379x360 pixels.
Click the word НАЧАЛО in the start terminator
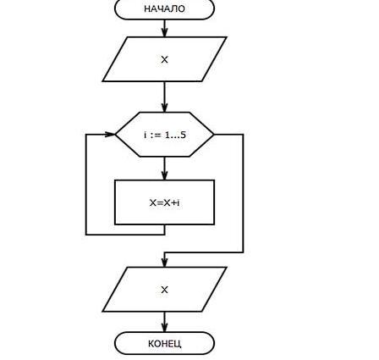[164, 8]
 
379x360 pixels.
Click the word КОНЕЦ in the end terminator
[165, 344]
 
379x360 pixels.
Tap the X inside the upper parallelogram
[164, 59]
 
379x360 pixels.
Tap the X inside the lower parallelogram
[164, 290]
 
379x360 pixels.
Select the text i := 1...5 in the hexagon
[165, 135]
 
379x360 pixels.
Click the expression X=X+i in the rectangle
[165, 202]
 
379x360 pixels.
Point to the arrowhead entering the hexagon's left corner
[110, 135]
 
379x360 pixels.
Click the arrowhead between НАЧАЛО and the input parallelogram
[165, 32]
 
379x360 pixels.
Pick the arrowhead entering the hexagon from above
[165, 108]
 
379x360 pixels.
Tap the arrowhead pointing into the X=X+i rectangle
[165, 175]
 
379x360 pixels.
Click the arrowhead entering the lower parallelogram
[165, 263]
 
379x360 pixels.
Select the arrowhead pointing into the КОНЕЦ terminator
[165, 328]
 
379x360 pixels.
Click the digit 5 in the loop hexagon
[183, 135]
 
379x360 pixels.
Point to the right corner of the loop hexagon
[213, 135]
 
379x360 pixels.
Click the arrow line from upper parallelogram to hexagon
[165, 97]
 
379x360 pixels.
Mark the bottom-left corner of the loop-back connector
[86, 235]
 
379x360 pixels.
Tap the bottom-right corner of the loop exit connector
[243, 252]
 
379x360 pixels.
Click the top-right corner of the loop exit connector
[243, 135]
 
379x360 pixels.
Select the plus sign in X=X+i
[175, 202]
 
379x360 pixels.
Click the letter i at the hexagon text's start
[146, 135]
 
